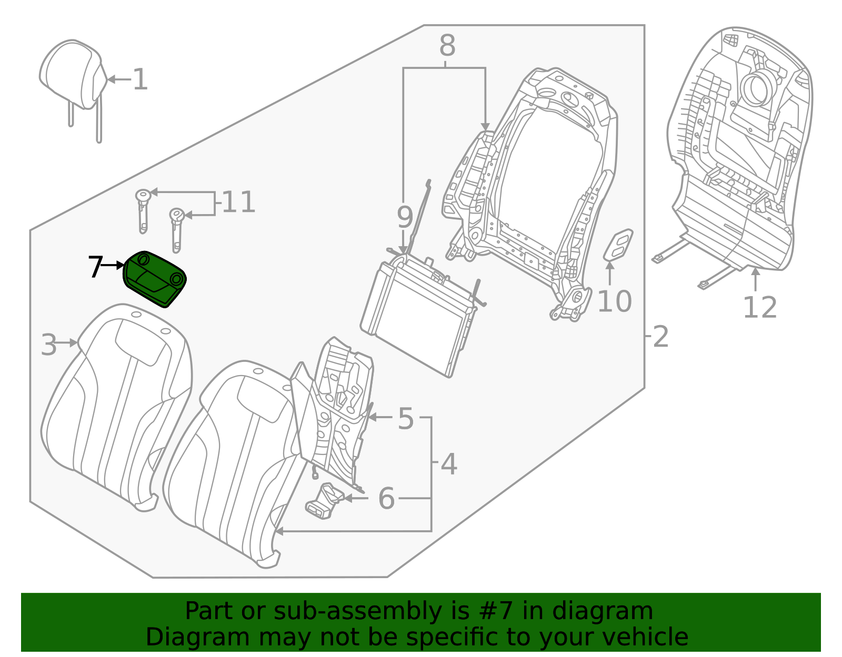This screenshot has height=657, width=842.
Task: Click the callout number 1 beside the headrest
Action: (x=140, y=80)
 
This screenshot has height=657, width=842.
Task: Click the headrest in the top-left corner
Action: (x=71, y=74)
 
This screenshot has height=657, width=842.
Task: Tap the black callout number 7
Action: (x=95, y=267)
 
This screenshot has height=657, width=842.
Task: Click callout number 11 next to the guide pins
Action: (x=238, y=203)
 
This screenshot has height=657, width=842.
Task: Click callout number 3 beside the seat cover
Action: (x=49, y=345)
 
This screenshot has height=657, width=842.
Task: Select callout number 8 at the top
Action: (x=447, y=46)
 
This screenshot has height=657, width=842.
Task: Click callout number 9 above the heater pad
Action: (x=404, y=217)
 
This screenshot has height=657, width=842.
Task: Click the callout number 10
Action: (x=614, y=301)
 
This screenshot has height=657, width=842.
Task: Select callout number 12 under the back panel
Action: (x=759, y=308)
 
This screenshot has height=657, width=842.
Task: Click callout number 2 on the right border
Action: (x=660, y=336)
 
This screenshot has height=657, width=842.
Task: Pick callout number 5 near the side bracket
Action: (x=405, y=419)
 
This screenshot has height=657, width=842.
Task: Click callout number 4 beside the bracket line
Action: (x=448, y=464)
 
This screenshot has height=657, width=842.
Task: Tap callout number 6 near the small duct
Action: (x=386, y=498)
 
